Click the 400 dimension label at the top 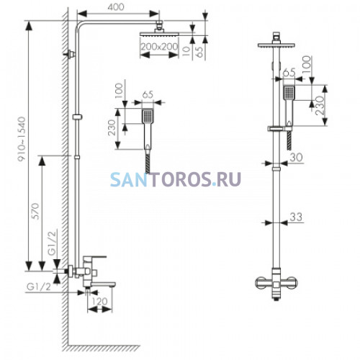tap(116, 6)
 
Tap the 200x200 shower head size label tap(159, 46)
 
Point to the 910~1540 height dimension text tap(22, 139)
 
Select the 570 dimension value tap(35, 211)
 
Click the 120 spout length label tap(99, 302)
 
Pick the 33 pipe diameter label tap(296, 217)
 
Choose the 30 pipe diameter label tap(296, 158)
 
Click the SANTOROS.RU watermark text tap(176, 179)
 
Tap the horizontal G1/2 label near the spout tap(39, 287)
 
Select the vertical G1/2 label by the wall tap(53, 243)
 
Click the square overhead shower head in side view tap(159, 34)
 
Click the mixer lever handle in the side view tap(94, 259)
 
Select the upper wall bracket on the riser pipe tap(70, 55)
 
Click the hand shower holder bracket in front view tap(279, 129)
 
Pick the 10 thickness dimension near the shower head tap(186, 50)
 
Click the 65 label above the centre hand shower tap(148, 94)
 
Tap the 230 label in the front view tap(320, 106)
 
